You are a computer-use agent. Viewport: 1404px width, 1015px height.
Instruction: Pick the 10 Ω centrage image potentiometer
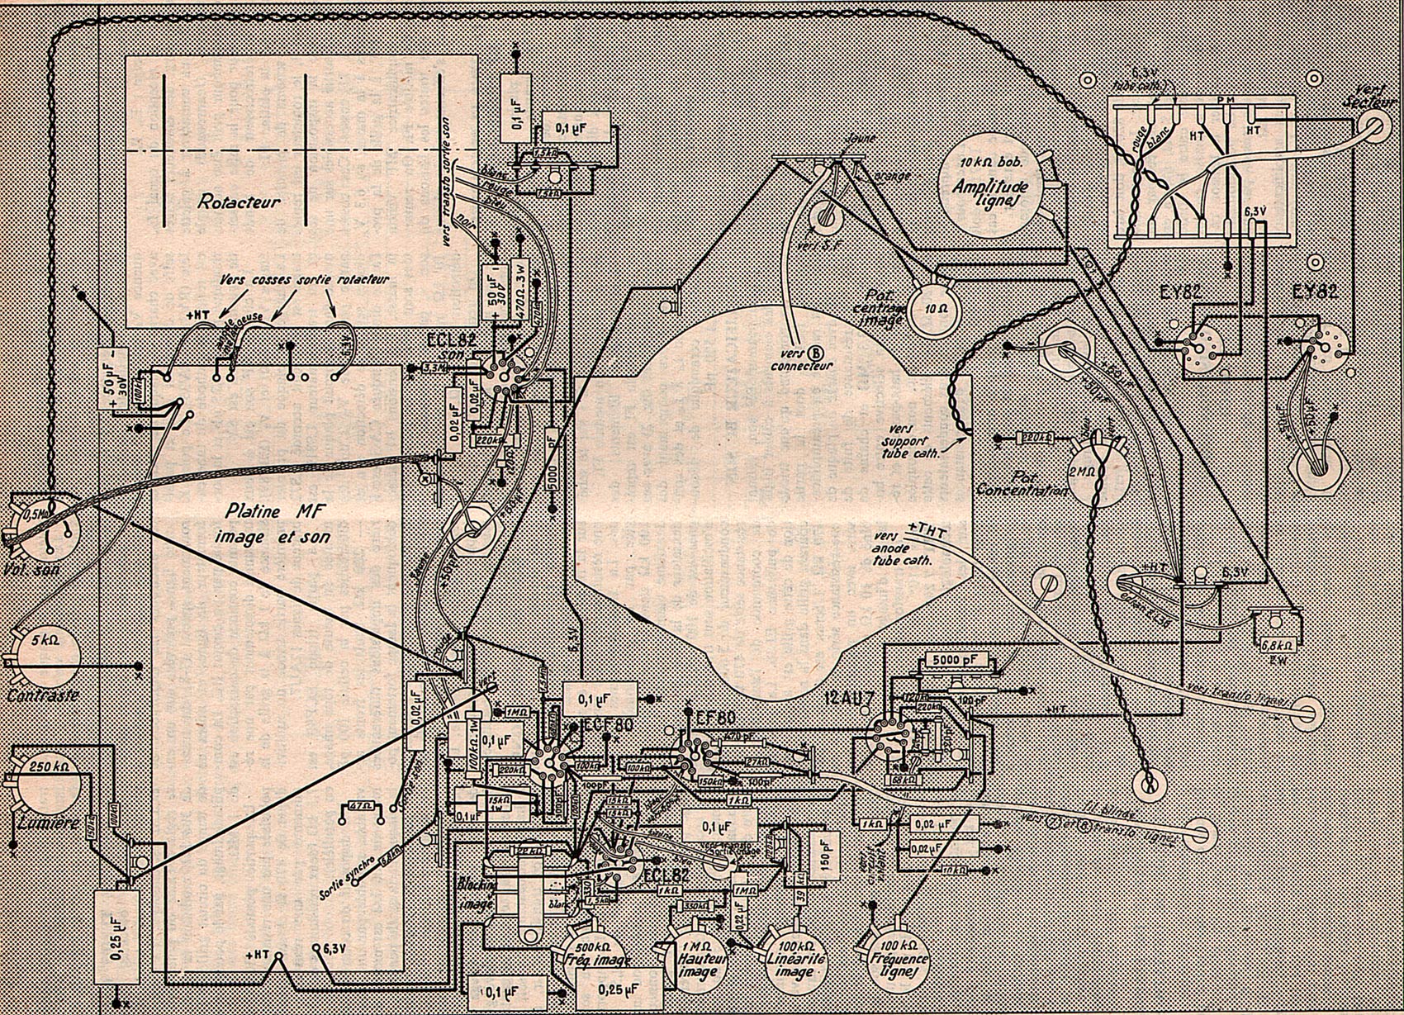pos(936,309)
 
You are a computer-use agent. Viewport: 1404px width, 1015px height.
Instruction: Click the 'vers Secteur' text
pos(1368,94)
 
